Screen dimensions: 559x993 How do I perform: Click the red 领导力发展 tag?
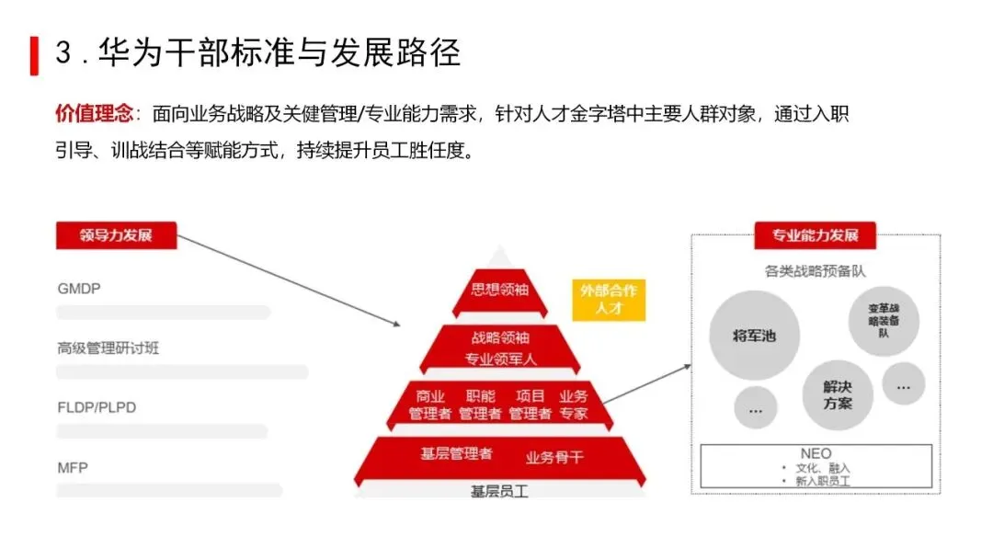[x=116, y=235]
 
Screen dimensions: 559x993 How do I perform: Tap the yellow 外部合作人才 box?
[x=609, y=300]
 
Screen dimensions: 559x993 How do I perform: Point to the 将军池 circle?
[x=754, y=336]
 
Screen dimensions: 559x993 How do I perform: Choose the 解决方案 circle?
[x=838, y=395]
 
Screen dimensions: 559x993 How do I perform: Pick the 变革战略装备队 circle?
[x=883, y=322]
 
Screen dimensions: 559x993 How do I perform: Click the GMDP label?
[x=79, y=289]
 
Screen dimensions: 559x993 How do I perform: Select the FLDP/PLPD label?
[x=97, y=407]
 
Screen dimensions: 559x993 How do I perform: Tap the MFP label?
[x=73, y=467]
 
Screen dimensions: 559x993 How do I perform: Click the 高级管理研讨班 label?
[x=108, y=348]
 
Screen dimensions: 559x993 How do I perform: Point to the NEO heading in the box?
[x=816, y=453]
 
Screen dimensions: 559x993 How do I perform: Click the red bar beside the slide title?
[x=34, y=55]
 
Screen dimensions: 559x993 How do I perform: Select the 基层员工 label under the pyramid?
[x=500, y=492]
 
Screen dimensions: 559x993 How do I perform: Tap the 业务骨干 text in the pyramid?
[x=554, y=457]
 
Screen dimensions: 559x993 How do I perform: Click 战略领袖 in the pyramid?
[x=500, y=337]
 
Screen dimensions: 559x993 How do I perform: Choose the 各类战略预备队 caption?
[x=815, y=271]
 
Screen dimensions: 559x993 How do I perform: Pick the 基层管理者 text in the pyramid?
[x=456, y=454]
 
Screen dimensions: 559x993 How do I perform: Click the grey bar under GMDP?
[x=164, y=313]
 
